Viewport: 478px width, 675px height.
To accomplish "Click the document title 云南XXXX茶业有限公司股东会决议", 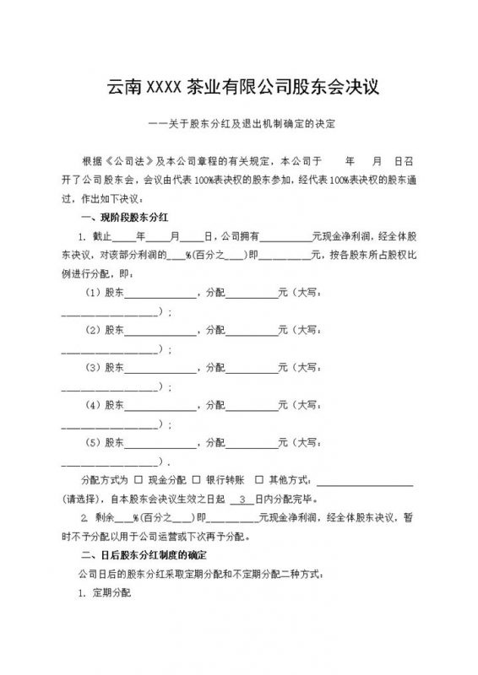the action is pyautogui.click(x=239, y=85).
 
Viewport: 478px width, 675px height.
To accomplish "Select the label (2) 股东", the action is pyautogui.click(x=106, y=331).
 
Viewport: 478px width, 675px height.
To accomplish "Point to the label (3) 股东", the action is pyautogui.click(x=106, y=368).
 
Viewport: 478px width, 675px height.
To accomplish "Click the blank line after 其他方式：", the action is pyautogui.click(x=364, y=482).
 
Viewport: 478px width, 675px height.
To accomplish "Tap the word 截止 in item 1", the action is pyautogui.click(x=100, y=235).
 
